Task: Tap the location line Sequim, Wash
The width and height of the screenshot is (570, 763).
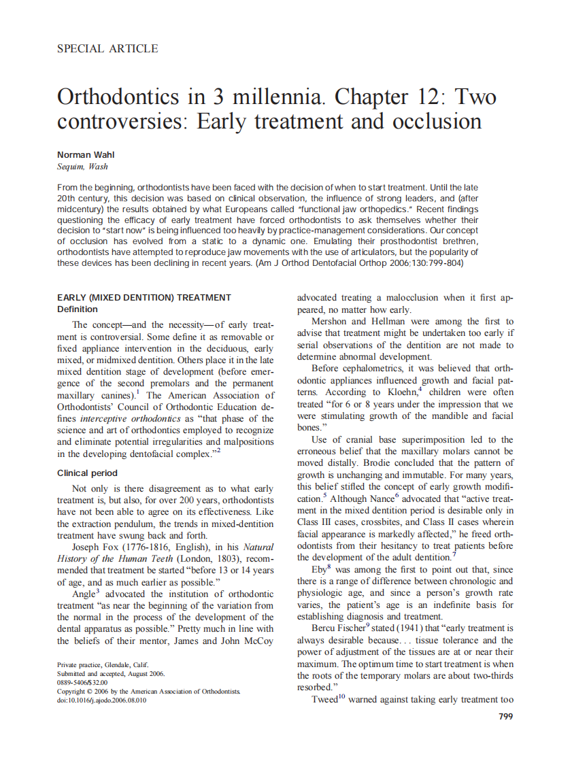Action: coord(82,167)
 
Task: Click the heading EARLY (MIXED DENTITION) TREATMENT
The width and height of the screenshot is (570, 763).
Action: coord(144,297)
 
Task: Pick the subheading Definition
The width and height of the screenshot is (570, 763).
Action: coord(78,309)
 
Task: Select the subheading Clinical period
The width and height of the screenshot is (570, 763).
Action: coord(87,473)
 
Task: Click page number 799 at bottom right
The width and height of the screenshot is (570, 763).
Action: coord(505,716)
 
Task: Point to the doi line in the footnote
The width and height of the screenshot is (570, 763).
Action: coord(101,700)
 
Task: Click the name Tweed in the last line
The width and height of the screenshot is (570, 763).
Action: coord(323,700)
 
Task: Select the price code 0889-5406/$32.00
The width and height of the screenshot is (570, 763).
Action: coord(82,683)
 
